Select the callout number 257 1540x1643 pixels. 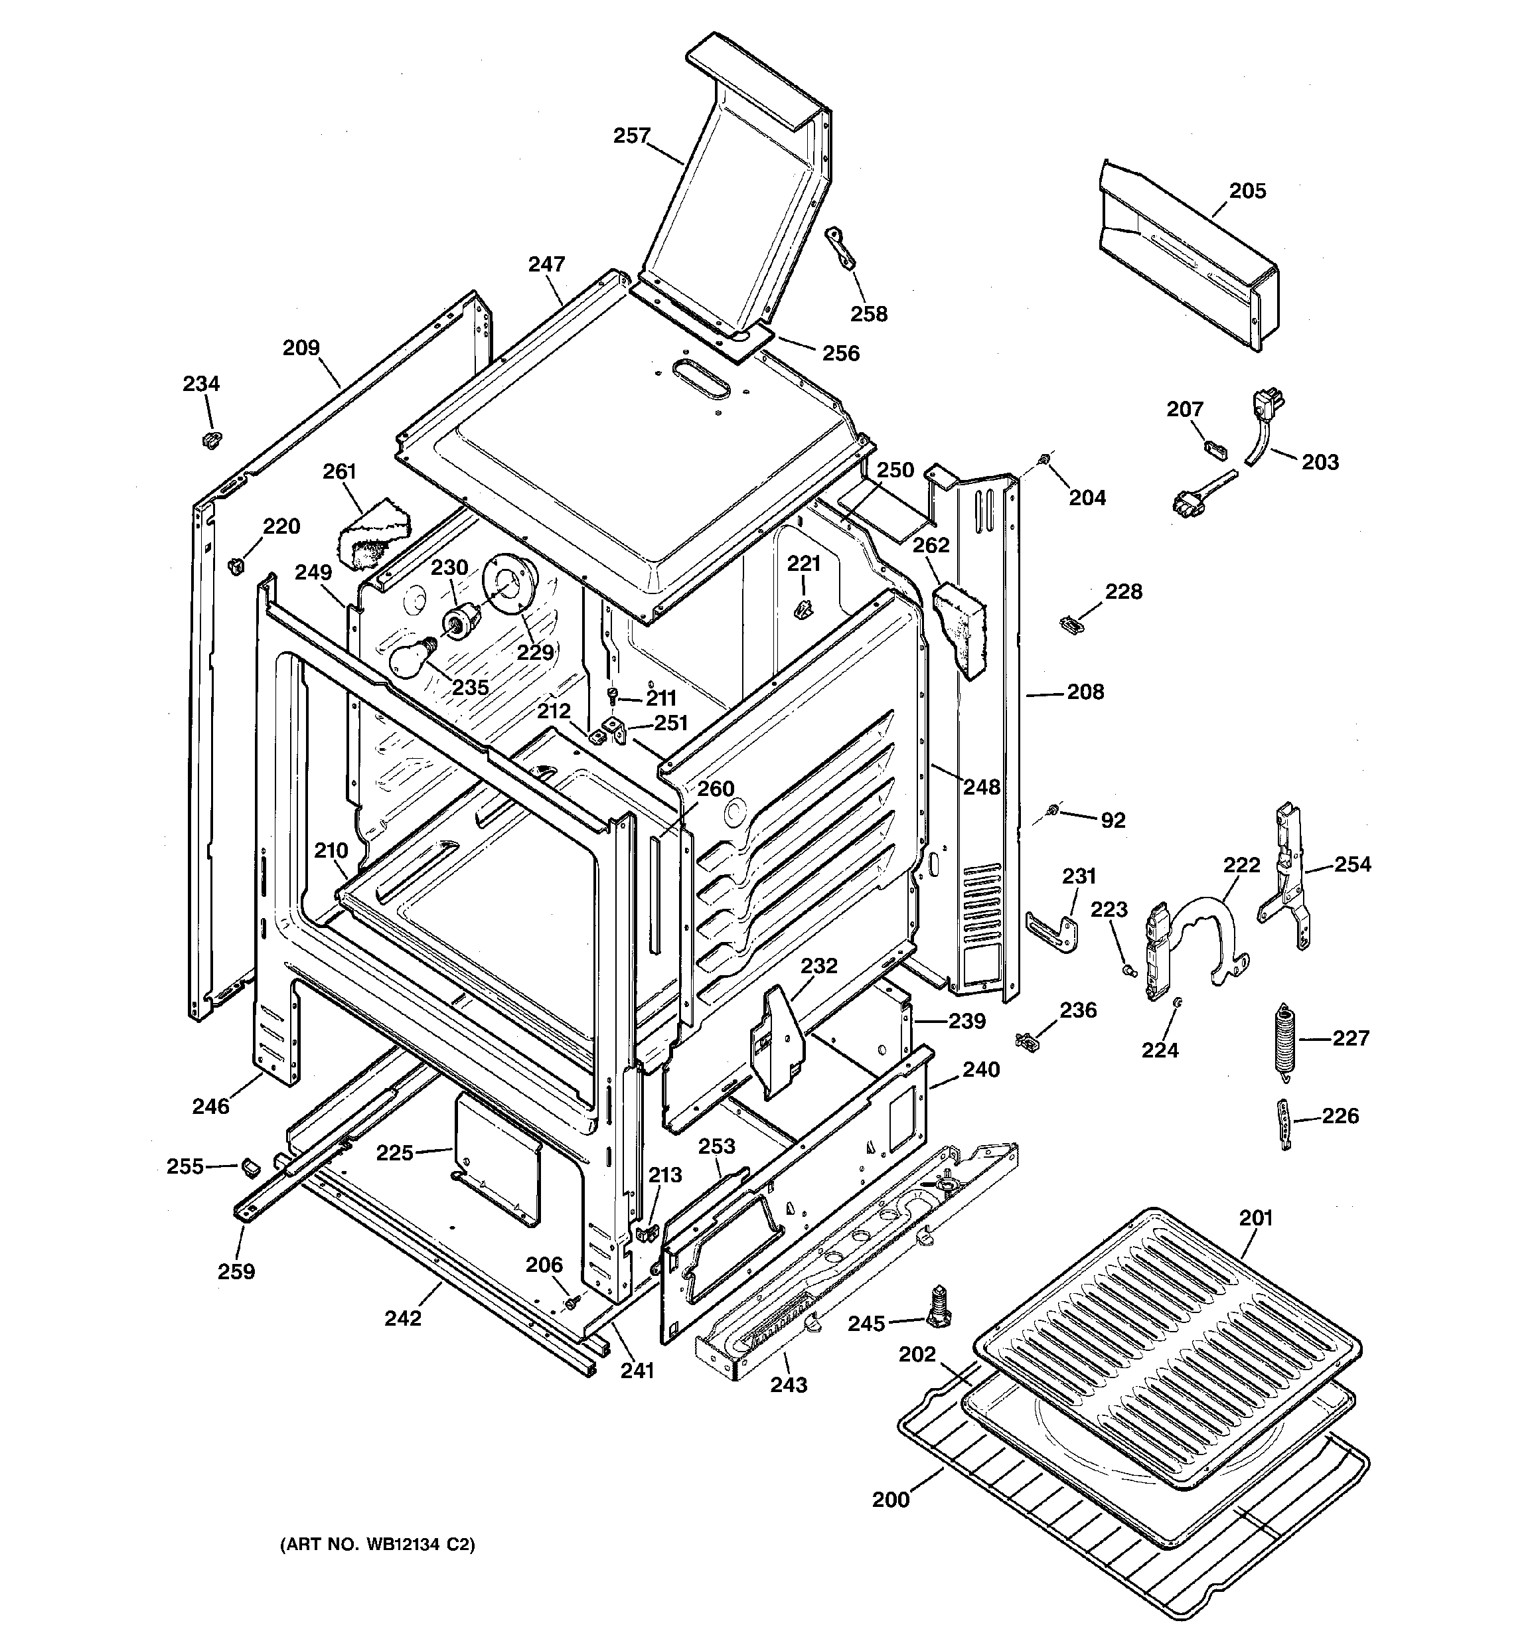click(x=631, y=135)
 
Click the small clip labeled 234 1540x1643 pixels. click(x=212, y=439)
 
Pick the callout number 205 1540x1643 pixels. click(x=1247, y=191)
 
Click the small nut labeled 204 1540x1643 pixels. click(x=1045, y=458)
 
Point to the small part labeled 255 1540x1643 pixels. click(x=248, y=1167)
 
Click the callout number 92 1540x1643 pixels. click(x=1113, y=820)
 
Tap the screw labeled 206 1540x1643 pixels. click(x=570, y=1302)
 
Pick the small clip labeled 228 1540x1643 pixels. click(x=1071, y=625)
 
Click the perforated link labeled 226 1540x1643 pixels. click(x=1283, y=1123)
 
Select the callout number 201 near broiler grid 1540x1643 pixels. click(x=1256, y=1217)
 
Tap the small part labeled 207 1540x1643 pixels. click(x=1213, y=449)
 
